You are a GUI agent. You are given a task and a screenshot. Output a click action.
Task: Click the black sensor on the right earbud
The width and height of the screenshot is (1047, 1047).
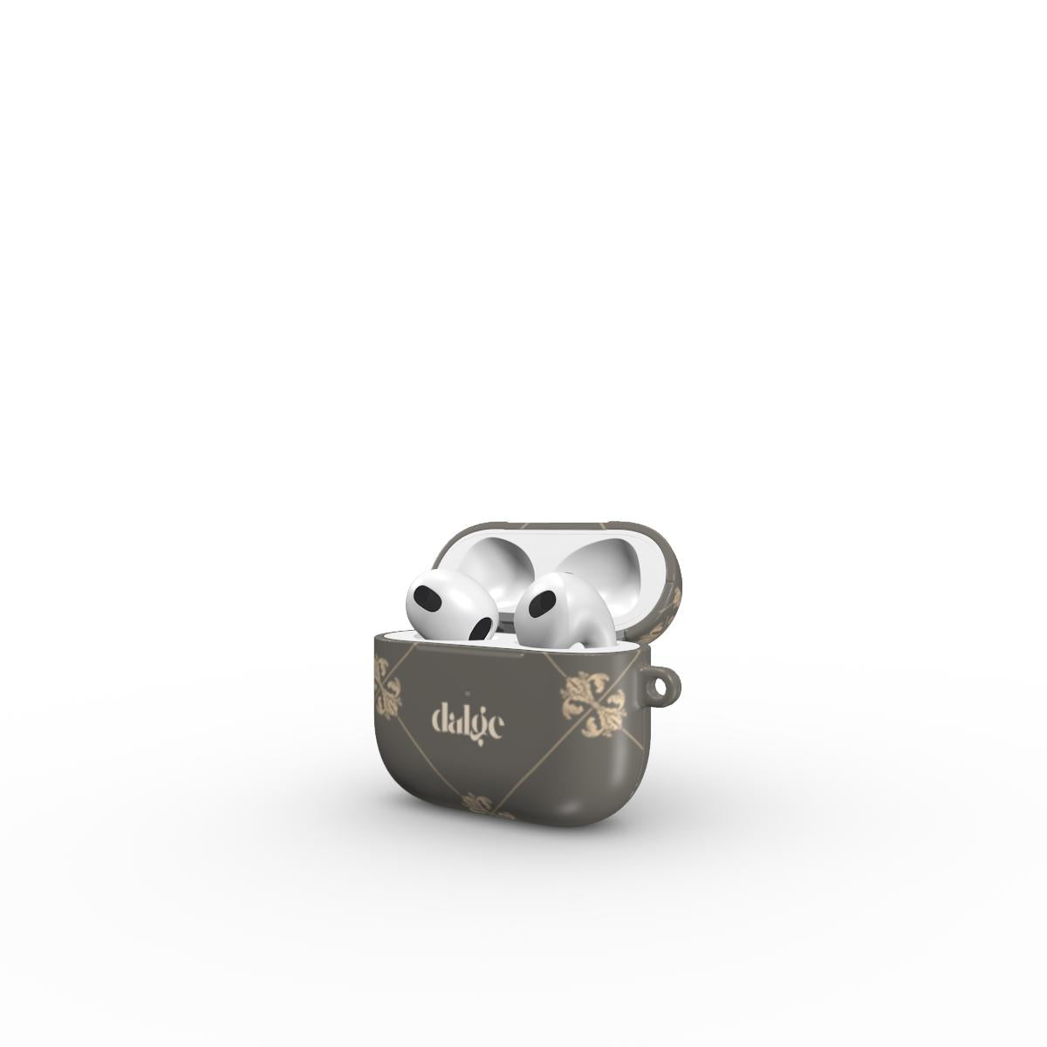coord(542,602)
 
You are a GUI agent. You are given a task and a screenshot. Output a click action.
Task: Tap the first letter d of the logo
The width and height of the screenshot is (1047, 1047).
coord(441,719)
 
